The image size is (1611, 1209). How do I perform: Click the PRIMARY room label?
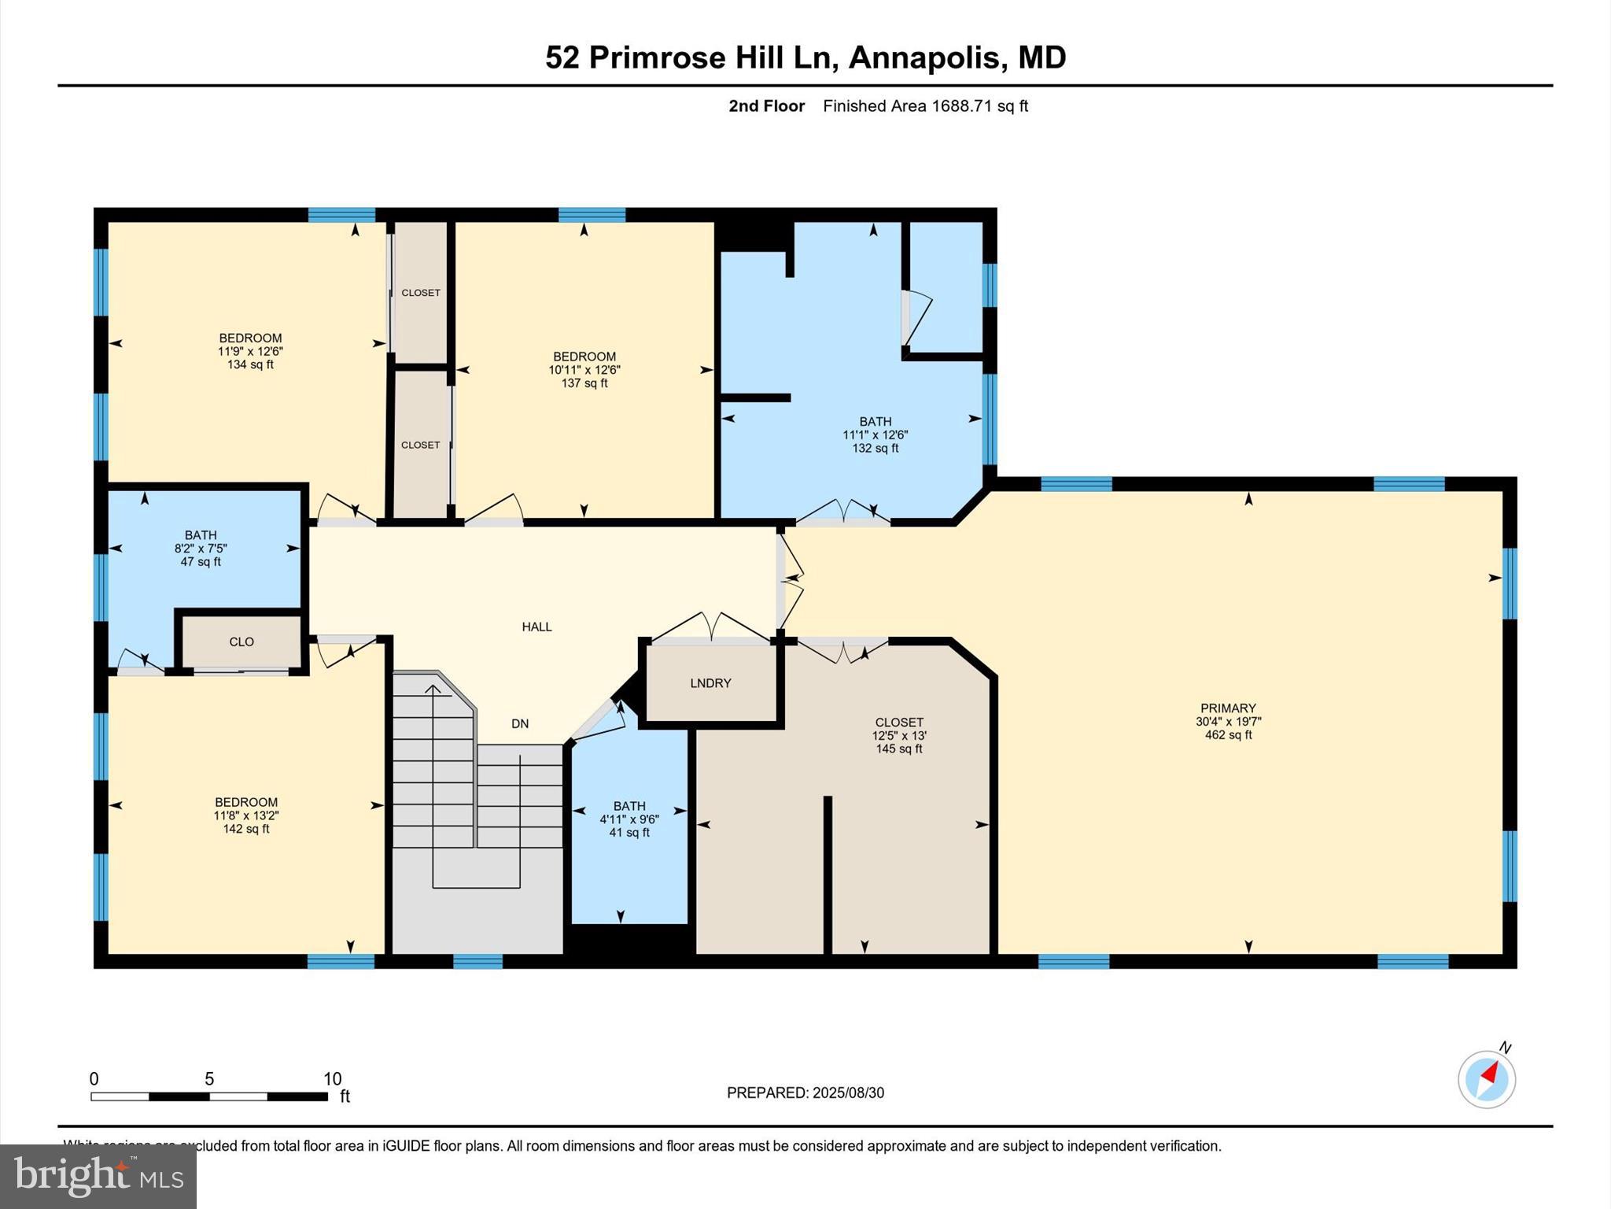(x=1228, y=708)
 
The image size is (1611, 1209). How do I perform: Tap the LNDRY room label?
(x=710, y=683)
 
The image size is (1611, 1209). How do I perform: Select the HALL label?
(x=536, y=627)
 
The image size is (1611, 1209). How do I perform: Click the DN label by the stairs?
(x=520, y=723)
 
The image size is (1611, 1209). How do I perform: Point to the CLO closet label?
(x=241, y=641)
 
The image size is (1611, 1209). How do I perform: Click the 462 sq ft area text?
(x=1228, y=735)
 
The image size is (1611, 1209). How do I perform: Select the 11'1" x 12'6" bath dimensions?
(x=875, y=434)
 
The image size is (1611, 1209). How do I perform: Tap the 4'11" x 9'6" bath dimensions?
(x=629, y=819)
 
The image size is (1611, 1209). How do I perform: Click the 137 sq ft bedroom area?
(x=584, y=383)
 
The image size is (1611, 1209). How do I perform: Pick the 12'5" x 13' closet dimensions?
(x=899, y=736)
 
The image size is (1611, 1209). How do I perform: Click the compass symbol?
(x=1486, y=1079)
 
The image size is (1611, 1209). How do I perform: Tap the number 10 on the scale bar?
(x=332, y=1079)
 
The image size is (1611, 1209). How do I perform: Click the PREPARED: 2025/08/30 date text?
(x=805, y=1093)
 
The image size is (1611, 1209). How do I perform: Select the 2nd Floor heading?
(x=766, y=106)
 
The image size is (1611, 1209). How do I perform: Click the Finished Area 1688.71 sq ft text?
(x=925, y=106)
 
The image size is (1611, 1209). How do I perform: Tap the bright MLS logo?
(x=98, y=1176)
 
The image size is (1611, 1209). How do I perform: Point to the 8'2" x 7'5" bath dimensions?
(x=201, y=549)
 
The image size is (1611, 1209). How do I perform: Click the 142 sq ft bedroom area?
(x=246, y=829)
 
